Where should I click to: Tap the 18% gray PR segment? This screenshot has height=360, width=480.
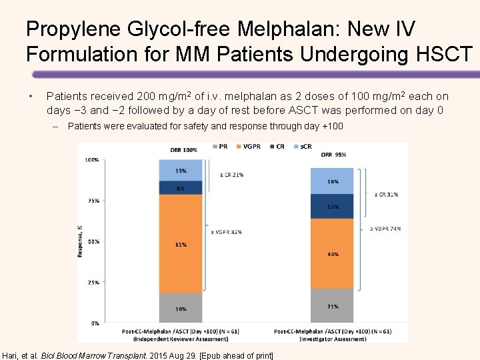pos(181,308)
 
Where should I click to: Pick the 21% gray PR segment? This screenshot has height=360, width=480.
pos(333,306)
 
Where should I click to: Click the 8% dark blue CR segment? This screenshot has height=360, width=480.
pos(181,188)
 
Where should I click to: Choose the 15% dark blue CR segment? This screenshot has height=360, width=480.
pos(333,207)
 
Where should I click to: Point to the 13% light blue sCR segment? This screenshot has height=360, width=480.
pos(181,171)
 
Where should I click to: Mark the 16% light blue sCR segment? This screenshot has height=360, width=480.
pos(333,181)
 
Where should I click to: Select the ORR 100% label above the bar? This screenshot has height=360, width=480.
pos(183,150)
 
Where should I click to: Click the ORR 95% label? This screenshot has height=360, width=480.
pos(333,155)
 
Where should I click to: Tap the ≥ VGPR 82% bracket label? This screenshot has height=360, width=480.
pos(226,232)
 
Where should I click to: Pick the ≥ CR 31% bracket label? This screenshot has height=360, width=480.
pos(385,195)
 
